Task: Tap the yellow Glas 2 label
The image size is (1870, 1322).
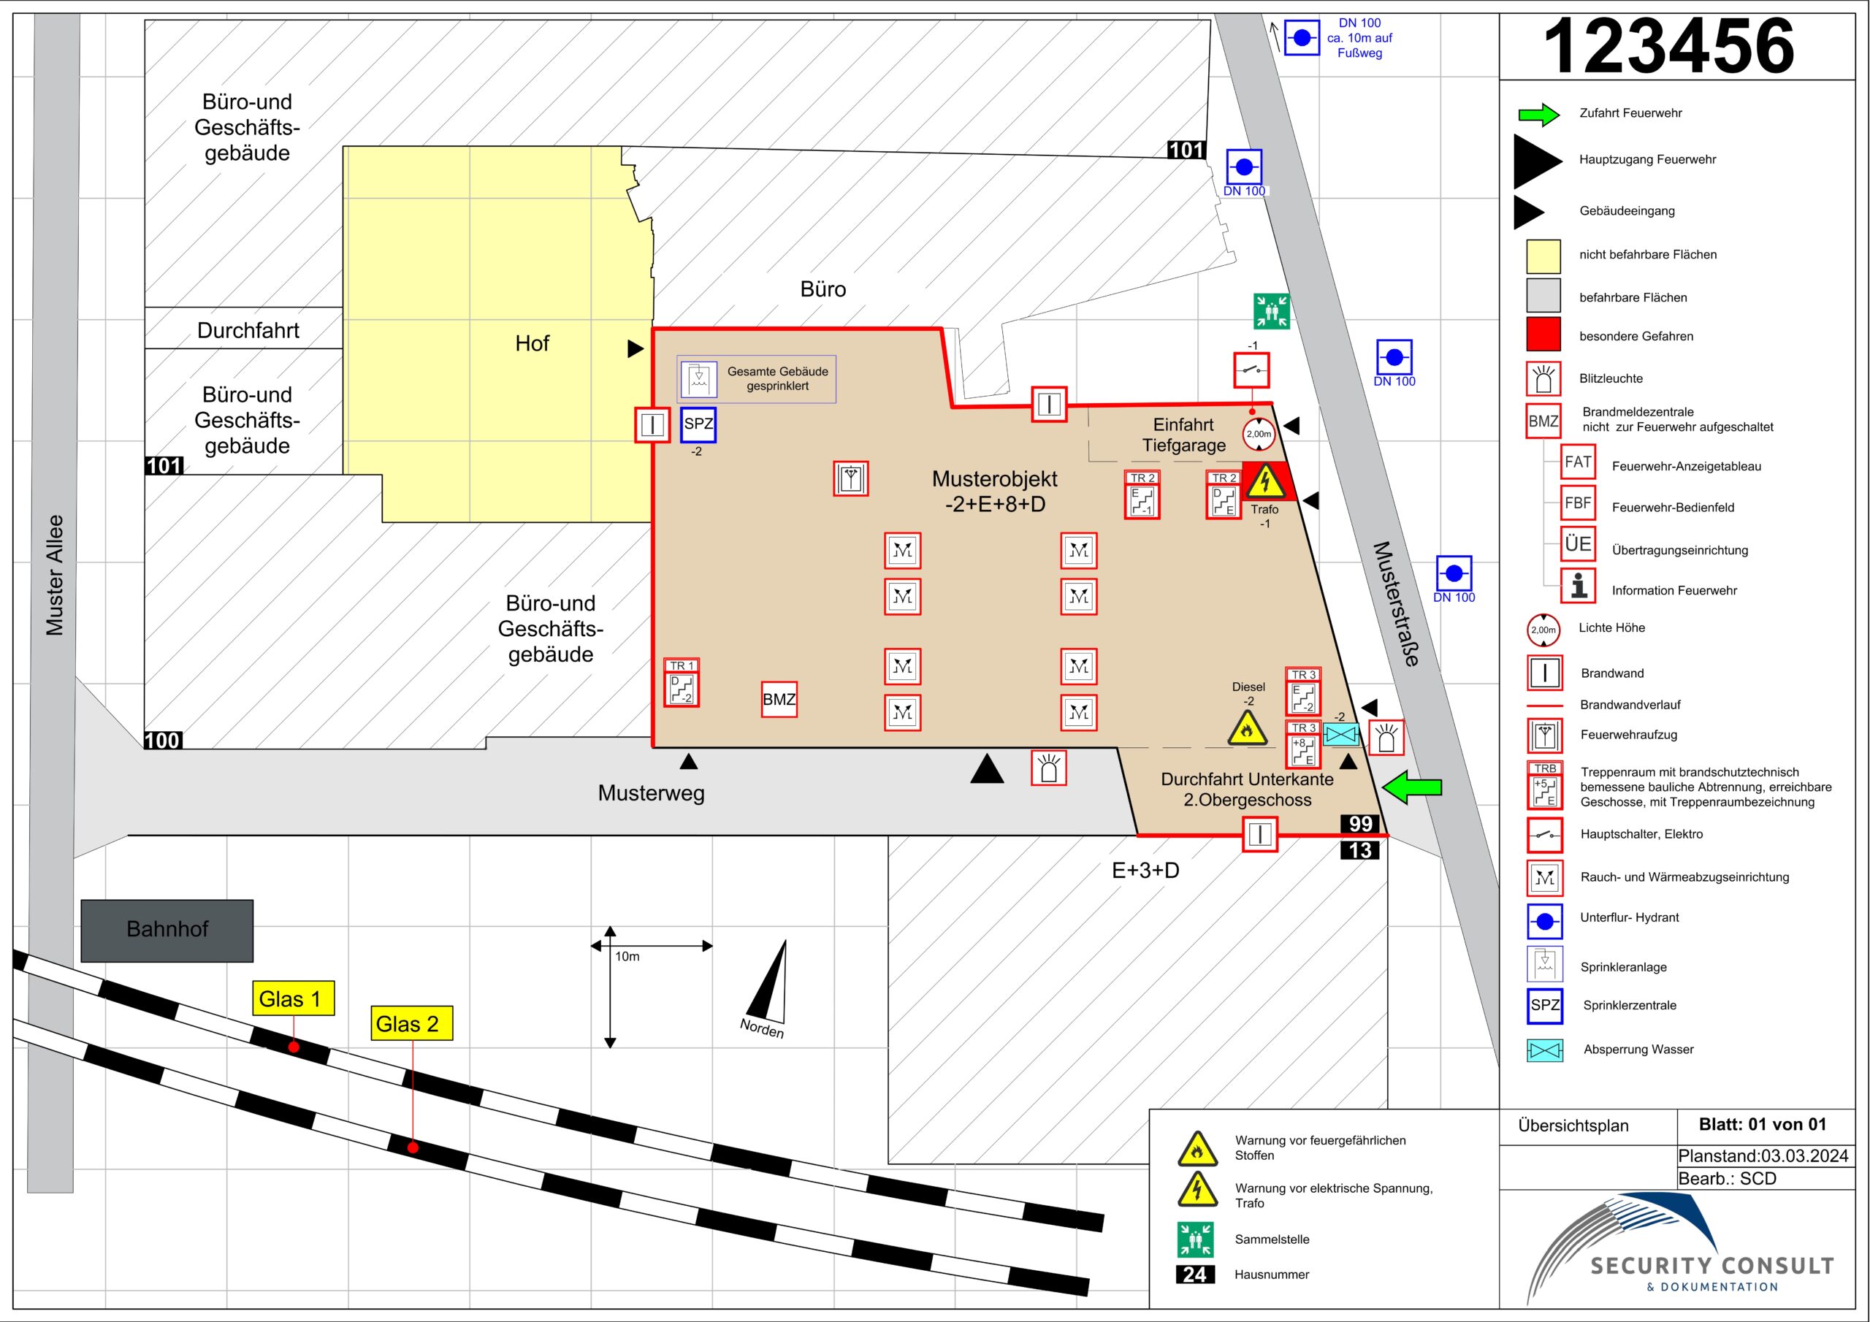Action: click(412, 1023)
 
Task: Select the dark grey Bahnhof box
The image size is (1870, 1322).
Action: click(167, 931)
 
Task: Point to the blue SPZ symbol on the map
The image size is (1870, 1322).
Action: click(698, 424)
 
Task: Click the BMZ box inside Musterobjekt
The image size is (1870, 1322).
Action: click(779, 699)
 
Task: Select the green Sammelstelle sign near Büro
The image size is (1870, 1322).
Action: click(1271, 310)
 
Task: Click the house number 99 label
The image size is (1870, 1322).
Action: click(1360, 823)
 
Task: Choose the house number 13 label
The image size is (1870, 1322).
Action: click(1360, 850)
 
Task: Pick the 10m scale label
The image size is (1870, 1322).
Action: click(627, 956)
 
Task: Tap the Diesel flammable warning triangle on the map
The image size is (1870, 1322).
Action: click(1246, 729)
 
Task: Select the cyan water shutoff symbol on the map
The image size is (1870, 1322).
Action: click(1340, 735)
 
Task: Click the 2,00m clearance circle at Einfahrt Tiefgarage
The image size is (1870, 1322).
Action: click(1259, 434)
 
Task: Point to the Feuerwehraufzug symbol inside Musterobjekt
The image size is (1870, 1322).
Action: click(850, 478)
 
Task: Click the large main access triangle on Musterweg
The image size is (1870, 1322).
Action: click(987, 769)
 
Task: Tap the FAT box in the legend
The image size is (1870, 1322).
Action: click(1578, 462)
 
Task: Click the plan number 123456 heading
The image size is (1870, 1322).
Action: click(1669, 47)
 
